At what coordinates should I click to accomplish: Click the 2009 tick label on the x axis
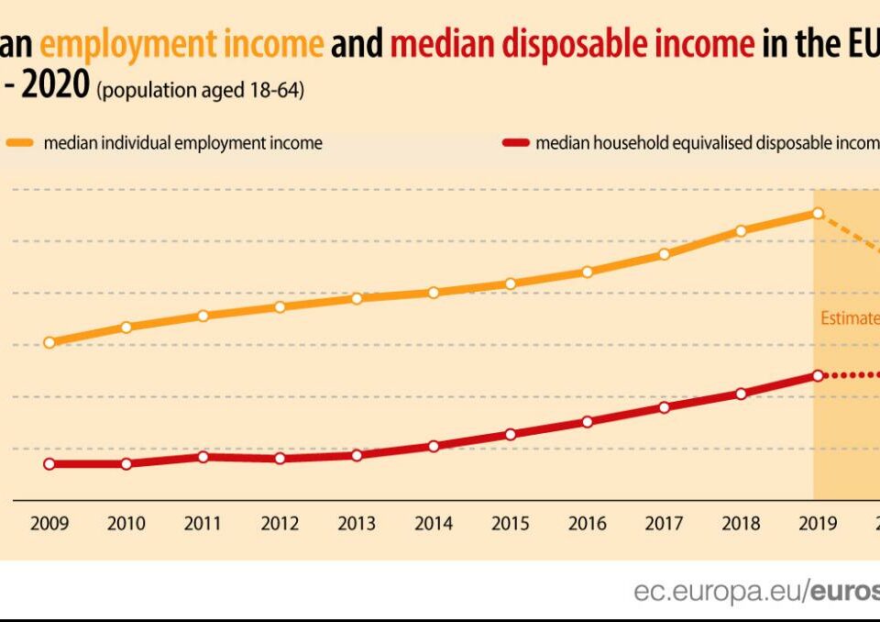click(x=49, y=524)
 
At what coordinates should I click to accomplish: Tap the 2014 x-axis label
click(x=434, y=524)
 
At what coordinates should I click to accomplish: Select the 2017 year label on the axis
click(x=664, y=524)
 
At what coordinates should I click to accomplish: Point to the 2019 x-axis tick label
click(x=818, y=524)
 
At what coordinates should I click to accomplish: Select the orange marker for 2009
click(x=49, y=342)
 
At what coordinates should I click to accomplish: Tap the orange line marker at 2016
click(x=588, y=272)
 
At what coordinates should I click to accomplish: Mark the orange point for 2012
click(x=280, y=306)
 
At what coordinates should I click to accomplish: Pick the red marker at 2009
click(x=49, y=463)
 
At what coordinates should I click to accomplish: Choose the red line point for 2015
click(x=511, y=434)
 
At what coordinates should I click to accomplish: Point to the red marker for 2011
click(x=203, y=457)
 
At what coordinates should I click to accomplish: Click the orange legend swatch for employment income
click(x=20, y=143)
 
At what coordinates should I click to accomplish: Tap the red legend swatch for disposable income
click(x=516, y=143)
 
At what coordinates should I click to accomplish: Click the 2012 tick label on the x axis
click(x=280, y=524)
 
